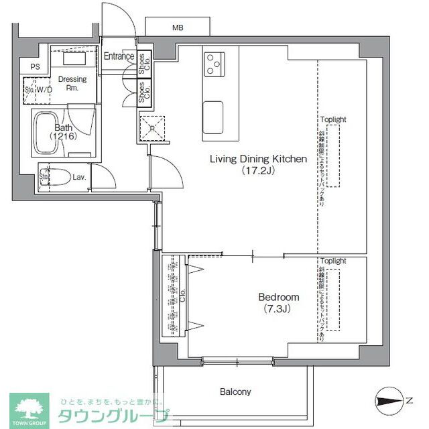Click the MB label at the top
point(178,28)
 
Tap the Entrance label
point(119,57)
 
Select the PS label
point(34,66)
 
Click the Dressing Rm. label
point(72,84)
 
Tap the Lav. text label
point(79,178)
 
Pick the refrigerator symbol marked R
point(151,127)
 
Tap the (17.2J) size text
point(258,171)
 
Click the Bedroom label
point(279,297)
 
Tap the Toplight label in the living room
point(333,119)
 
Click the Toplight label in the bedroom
point(333,261)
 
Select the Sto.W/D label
point(38,88)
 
